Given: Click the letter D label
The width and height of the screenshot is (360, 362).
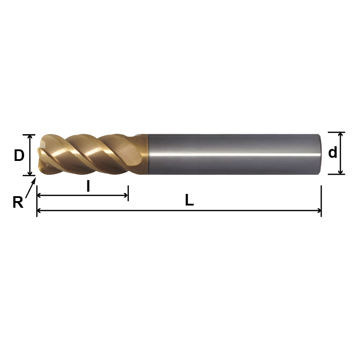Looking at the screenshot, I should pyautogui.click(x=19, y=156).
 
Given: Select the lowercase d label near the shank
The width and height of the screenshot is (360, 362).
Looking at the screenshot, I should pyautogui.click(x=332, y=153).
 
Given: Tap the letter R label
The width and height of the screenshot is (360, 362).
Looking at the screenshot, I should pyautogui.click(x=17, y=203).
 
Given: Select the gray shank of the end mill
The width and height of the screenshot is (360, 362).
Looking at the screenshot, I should pyautogui.click(x=232, y=154).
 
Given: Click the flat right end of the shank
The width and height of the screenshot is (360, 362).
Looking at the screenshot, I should pyautogui.click(x=320, y=154).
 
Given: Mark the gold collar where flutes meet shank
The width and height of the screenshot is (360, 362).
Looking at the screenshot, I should pyautogui.click(x=142, y=154).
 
